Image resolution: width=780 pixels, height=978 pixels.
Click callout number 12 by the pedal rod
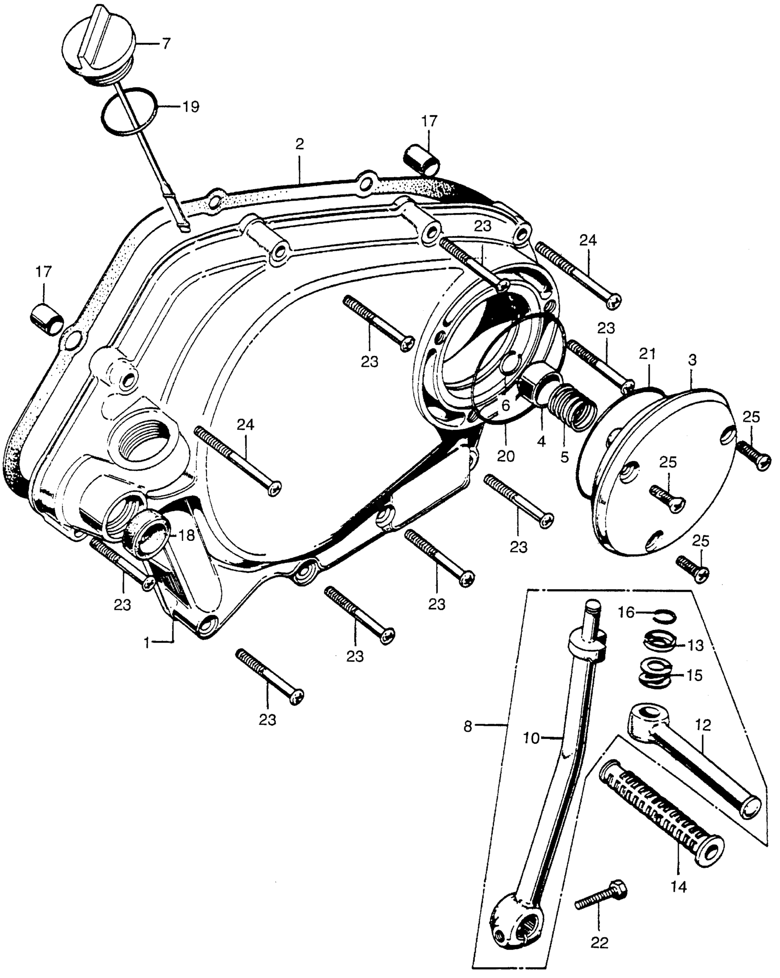(703, 725)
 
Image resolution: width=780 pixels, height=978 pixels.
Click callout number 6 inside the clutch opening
(506, 405)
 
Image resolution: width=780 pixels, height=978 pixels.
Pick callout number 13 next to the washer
(696, 645)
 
